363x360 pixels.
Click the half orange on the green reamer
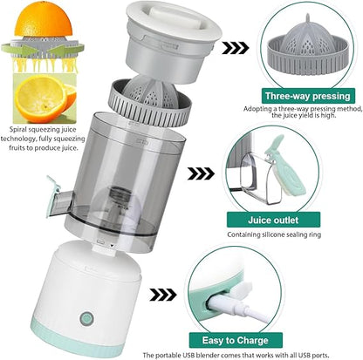(39, 19)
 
